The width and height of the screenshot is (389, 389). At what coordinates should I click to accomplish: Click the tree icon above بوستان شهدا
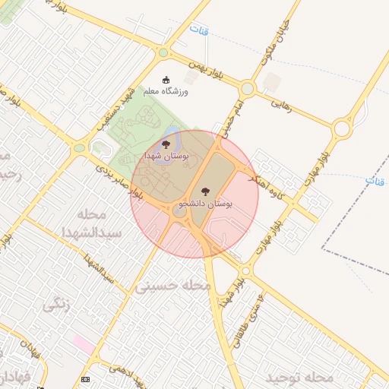point(166,144)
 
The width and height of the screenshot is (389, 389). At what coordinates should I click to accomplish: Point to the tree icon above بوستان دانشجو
point(204,192)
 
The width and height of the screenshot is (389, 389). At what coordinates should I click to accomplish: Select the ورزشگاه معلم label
point(165,91)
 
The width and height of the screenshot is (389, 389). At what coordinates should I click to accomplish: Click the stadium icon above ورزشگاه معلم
point(166,79)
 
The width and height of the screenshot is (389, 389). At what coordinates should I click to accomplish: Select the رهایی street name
point(283,106)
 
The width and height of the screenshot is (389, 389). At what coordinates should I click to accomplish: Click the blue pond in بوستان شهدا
point(174,141)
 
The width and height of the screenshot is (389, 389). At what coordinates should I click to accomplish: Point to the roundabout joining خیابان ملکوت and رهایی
point(248,88)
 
